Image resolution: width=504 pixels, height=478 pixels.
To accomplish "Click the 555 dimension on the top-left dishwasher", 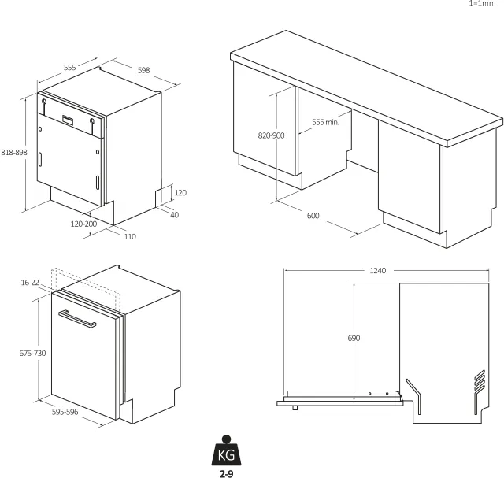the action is (70, 68).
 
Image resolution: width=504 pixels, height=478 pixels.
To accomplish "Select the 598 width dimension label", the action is (143, 70).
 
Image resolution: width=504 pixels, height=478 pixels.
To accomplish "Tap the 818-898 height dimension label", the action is (14, 152).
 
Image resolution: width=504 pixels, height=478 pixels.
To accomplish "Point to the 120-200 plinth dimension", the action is (83, 224).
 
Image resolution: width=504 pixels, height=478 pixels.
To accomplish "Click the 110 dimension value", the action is (130, 237).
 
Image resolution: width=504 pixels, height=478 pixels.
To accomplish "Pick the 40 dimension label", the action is (174, 215).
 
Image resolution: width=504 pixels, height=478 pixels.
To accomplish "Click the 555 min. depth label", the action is (325, 122).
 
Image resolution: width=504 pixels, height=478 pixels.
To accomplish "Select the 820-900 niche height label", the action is (271, 135).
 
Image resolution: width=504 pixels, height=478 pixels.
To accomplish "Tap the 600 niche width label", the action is (313, 216).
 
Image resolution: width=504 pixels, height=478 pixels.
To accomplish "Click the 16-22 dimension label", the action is (30, 283).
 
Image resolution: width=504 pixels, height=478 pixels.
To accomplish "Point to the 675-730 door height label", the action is (32, 354).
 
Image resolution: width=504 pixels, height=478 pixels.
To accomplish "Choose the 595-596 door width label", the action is (65, 412).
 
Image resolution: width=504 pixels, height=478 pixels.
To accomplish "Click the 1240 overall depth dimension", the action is (378, 271).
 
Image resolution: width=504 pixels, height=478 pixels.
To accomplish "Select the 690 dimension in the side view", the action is (354, 338).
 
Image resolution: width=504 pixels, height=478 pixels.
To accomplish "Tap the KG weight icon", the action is (226, 450).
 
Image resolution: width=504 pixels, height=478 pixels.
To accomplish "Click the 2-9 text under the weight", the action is (227, 473).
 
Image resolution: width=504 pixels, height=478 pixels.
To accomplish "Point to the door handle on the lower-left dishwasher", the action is (77, 319).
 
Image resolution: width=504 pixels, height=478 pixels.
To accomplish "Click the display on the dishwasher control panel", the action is (68, 119).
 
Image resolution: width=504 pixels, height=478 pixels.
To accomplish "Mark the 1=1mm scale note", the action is (483, 3).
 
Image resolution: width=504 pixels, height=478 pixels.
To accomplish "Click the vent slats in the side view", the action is (480, 380).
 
